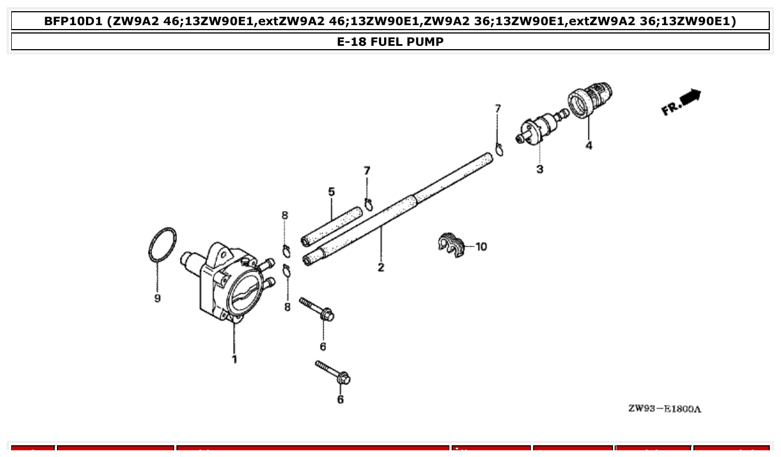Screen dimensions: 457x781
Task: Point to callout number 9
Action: [x=157, y=298]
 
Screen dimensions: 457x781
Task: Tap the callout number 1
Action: [x=234, y=359]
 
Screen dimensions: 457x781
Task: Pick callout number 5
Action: [x=331, y=192]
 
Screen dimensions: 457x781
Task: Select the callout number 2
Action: [x=381, y=267]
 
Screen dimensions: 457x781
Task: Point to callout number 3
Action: [x=540, y=169]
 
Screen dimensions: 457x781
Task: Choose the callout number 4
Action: [x=589, y=146]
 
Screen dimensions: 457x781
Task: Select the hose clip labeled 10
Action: [x=451, y=244]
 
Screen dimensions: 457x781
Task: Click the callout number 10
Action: [x=481, y=246]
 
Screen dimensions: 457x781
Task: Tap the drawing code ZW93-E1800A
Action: [x=664, y=408]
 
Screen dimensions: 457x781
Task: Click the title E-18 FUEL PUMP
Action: [x=390, y=41]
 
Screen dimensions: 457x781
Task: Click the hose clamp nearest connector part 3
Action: [x=499, y=149]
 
